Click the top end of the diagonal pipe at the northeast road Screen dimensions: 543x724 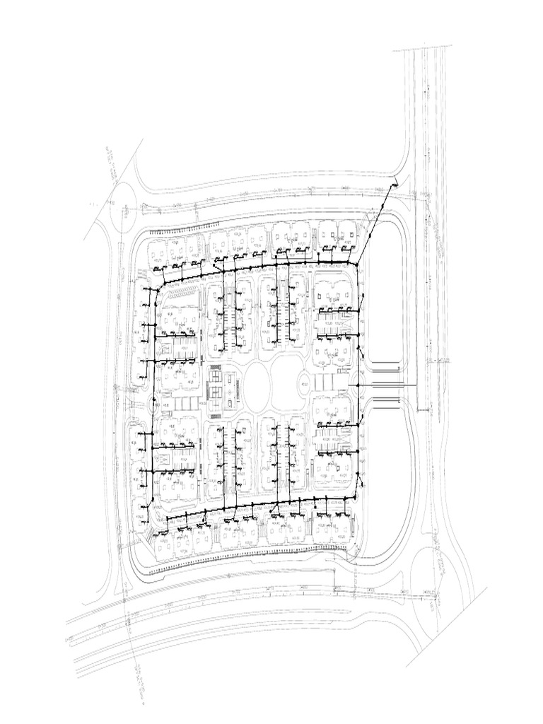395,182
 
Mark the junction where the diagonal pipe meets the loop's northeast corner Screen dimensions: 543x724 357,264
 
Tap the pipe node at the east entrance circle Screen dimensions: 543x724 358,384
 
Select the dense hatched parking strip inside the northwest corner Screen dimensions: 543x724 182,289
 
